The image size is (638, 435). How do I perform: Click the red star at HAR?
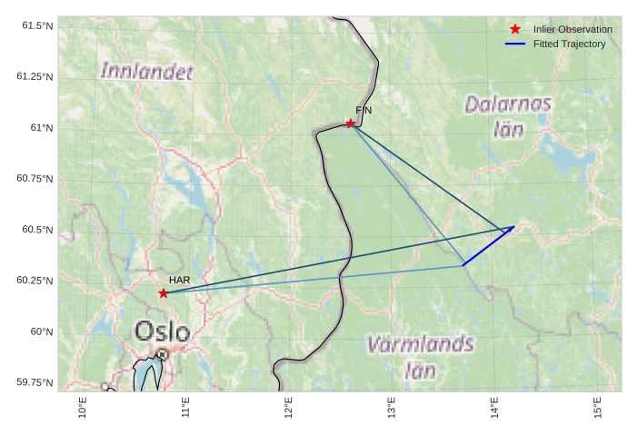[x=163, y=292]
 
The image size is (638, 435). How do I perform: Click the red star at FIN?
[x=350, y=124]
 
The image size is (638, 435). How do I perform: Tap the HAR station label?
[x=179, y=281]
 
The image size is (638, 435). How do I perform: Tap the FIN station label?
[x=364, y=110]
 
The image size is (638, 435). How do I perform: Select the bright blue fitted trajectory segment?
[x=488, y=246]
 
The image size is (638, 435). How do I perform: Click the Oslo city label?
[x=163, y=331]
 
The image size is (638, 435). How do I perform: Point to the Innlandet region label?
[x=147, y=71]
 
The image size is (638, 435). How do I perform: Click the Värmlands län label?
[x=420, y=357]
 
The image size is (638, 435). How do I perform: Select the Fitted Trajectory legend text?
[x=569, y=44]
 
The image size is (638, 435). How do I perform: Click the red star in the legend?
[x=515, y=30]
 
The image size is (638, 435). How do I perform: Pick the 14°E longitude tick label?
[x=494, y=408]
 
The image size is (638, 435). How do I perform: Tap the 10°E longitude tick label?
[x=83, y=408]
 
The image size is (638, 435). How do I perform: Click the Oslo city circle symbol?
[x=162, y=354]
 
